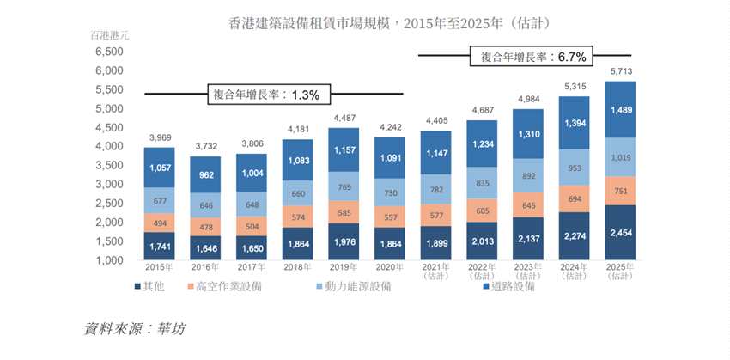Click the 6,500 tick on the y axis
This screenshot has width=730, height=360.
tap(108, 52)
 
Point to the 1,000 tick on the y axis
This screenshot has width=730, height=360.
tap(108, 260)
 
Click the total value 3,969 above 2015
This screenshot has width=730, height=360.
tap(160, 137)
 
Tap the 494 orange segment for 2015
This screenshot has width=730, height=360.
tap(160, 223)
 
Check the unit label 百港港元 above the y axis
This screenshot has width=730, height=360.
tap(108, 35)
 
